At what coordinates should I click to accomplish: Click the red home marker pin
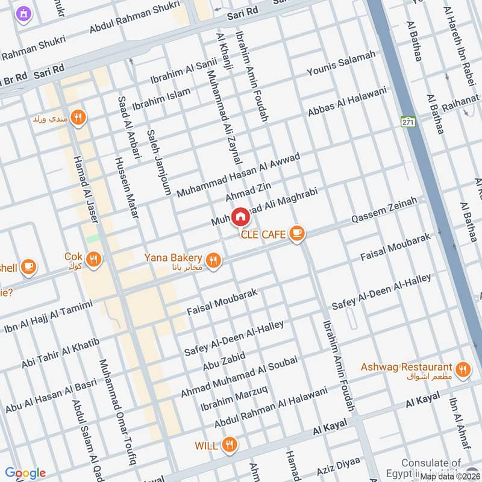point(240,216)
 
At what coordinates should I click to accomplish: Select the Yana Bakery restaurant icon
point(213,260)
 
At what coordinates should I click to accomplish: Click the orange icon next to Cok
point(93,260)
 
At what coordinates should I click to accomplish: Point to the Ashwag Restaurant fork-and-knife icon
point(462,369)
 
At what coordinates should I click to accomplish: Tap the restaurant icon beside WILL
point(228,445)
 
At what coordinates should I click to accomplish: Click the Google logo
point(25,473)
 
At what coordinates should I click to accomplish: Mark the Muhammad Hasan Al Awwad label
point(238,175)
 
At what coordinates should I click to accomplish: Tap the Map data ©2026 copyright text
point(450,476)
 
